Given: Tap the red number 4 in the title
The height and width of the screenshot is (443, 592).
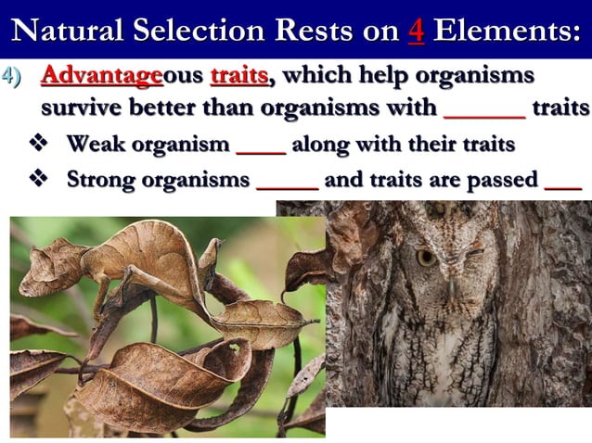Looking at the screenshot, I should [x=415, y=30].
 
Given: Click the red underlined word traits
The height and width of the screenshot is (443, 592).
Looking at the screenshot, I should [x=239, y=75].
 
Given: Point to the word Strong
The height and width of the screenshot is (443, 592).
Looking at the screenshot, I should [x=104, y=179].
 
